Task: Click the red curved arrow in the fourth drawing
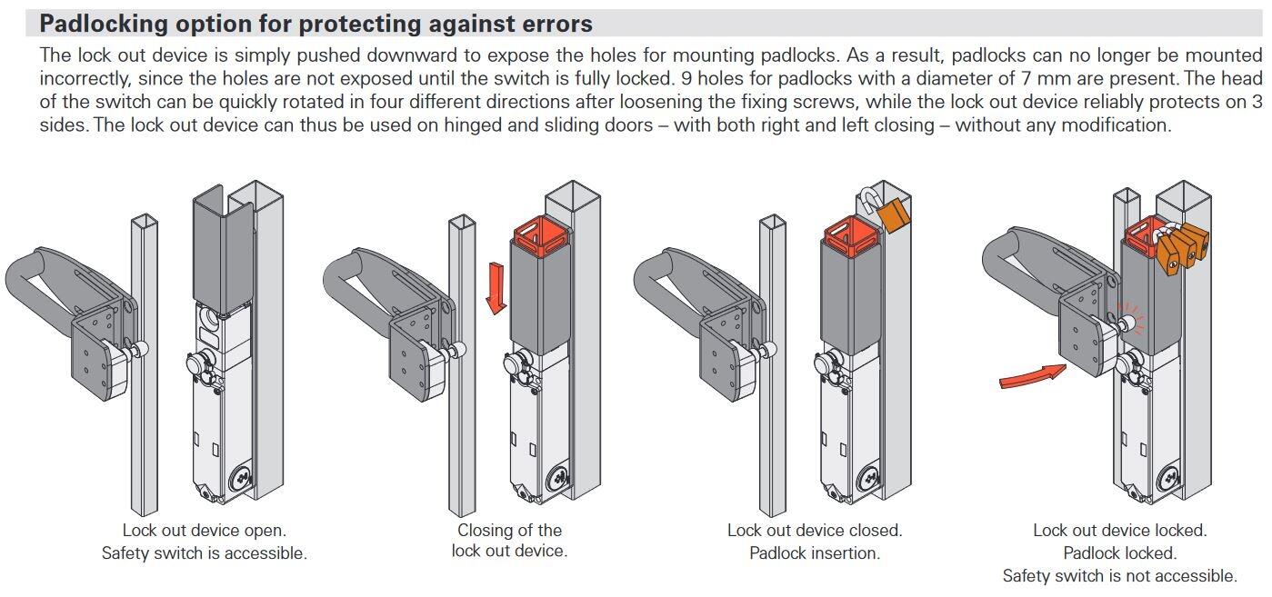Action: pos(1032,375)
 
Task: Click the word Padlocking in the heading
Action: pos(113,23)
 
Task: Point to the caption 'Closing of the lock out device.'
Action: pos(509,540)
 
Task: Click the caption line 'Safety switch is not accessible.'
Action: pos(1119,575)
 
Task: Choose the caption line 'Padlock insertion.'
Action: pos(814,552)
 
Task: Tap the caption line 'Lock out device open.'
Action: pos(204,530)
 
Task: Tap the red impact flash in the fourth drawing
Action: pos(1134,319)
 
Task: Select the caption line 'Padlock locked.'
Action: pos(1119,552)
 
